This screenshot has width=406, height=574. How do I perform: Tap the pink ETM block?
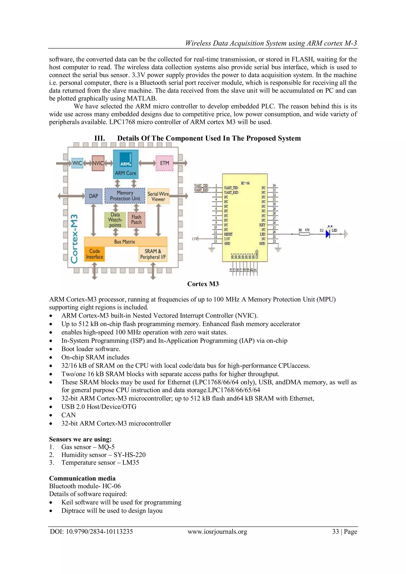(164, 163)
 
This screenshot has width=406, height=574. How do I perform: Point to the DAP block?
(94, 196)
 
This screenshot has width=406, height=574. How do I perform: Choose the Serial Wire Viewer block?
(158, 196)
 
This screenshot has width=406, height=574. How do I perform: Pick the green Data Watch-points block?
(115, 220)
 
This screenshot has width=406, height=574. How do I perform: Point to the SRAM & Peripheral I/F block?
(153, 254)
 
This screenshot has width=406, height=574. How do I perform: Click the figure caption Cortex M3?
(203, 284)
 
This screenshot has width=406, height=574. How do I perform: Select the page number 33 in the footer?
(335, 532)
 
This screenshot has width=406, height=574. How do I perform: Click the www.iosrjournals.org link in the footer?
(217, 532)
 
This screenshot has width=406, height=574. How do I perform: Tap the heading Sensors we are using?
(80, 439)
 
